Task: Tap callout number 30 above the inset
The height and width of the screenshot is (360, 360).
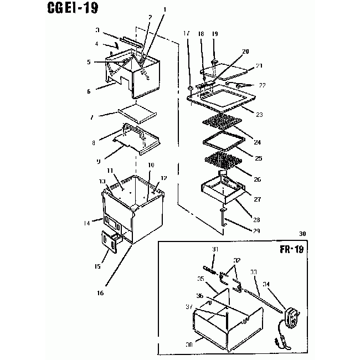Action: pos(301,233)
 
